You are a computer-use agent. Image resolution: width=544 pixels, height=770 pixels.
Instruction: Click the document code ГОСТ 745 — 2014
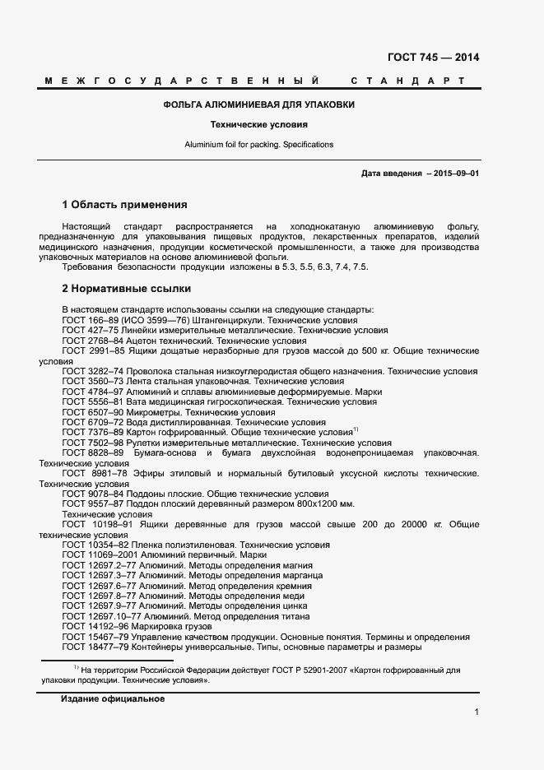433,58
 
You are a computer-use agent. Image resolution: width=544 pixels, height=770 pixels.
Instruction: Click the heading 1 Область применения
125,205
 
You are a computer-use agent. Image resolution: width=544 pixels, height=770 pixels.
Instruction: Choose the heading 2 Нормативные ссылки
127,289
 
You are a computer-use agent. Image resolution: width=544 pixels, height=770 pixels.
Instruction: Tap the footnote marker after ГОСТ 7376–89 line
355,429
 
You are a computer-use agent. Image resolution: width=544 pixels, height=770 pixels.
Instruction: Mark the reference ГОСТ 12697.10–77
104,616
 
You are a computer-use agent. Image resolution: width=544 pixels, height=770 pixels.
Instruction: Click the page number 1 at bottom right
477,712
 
